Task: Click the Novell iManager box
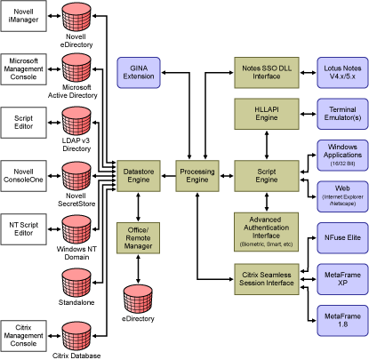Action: [x=23, y=16]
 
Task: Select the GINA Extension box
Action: [x=139, y=73]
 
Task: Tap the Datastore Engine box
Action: [x=139, y=176]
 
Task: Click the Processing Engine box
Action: [x=197, y=176]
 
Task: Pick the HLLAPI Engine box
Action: [x=267, y=114]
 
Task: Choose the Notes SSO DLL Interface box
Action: [x=267, y=73]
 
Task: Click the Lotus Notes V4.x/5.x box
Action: [x=342, y=73]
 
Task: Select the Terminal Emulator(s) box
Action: [x=342, y=114]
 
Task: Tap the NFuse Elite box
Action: [x=342, y=238]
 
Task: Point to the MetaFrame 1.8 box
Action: [x=342, y=321]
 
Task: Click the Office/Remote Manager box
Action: [x=138, y=238]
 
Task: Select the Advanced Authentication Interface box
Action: [x=266, y=232]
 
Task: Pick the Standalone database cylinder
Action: [x=76, y=283]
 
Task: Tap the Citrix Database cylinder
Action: [x=76, y=336]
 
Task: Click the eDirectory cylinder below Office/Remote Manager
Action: [x=138, y=299]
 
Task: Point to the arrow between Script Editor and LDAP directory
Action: [x=54, y=123]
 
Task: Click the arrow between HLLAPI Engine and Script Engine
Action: [x=267, y=145]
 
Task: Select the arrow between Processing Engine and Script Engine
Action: [x=227, y=176]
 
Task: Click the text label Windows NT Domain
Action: [x=76, y=253]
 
